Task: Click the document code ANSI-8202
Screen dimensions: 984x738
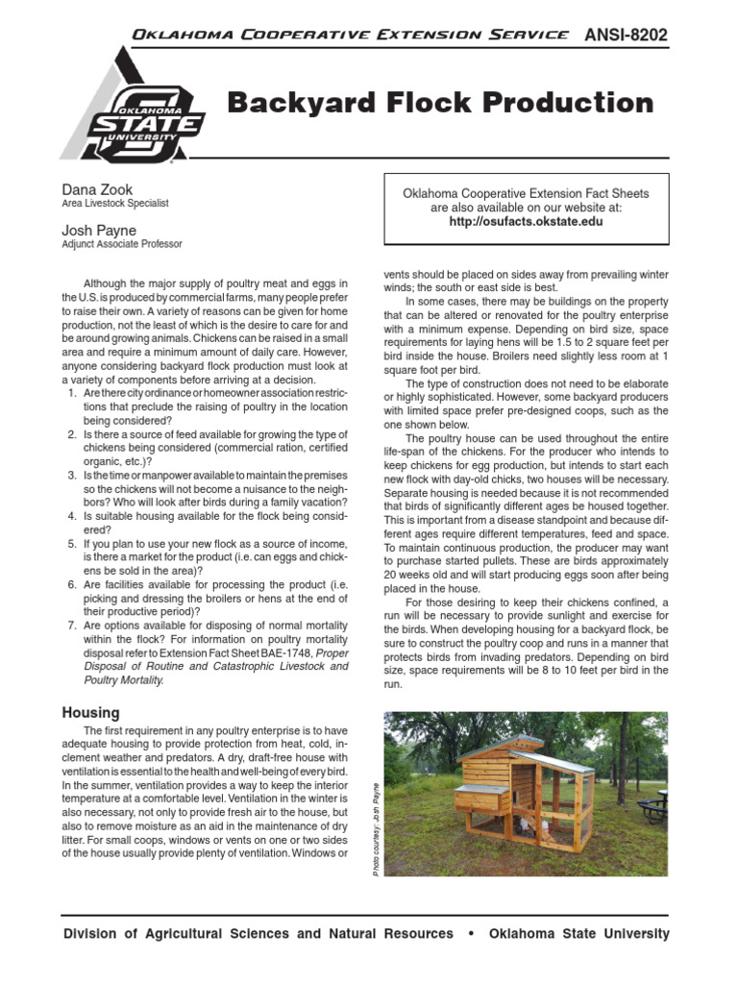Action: (x=626, y=36)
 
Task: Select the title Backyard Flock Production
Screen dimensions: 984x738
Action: (x=440, y=103)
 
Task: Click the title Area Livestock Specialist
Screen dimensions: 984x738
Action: (x=115, y=204)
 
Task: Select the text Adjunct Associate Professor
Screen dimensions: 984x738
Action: (x=122, y=245)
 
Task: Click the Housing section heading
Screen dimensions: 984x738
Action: (x=90, y=713)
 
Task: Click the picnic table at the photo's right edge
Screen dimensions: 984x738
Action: (x=654, y=806)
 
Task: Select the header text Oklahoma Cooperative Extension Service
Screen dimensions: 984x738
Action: (x=349, y=35)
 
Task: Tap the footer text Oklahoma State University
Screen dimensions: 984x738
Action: (x=579, y=934)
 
